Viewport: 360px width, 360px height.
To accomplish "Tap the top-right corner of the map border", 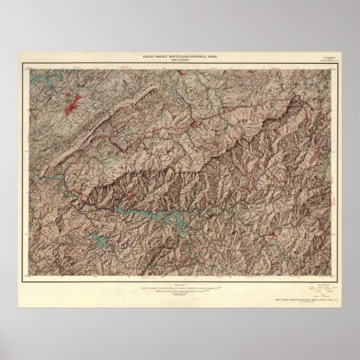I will (337, 65).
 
